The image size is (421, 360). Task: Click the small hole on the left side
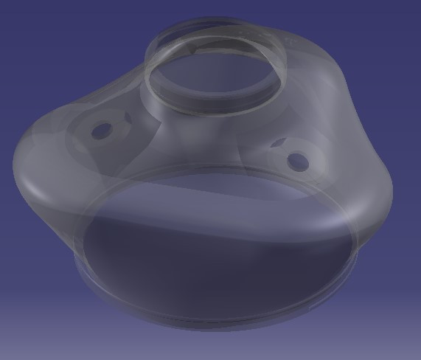pyautogui.click(x=101, y=131)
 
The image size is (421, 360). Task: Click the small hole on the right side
pyautogui.click(x=296, y=159)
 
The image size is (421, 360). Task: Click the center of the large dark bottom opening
pyautogui.click(x=221, y=258)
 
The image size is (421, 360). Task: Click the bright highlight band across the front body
pyautogui.click(x=221, y=193)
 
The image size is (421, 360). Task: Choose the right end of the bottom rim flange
pyautogui.click(x=361, y=255)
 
